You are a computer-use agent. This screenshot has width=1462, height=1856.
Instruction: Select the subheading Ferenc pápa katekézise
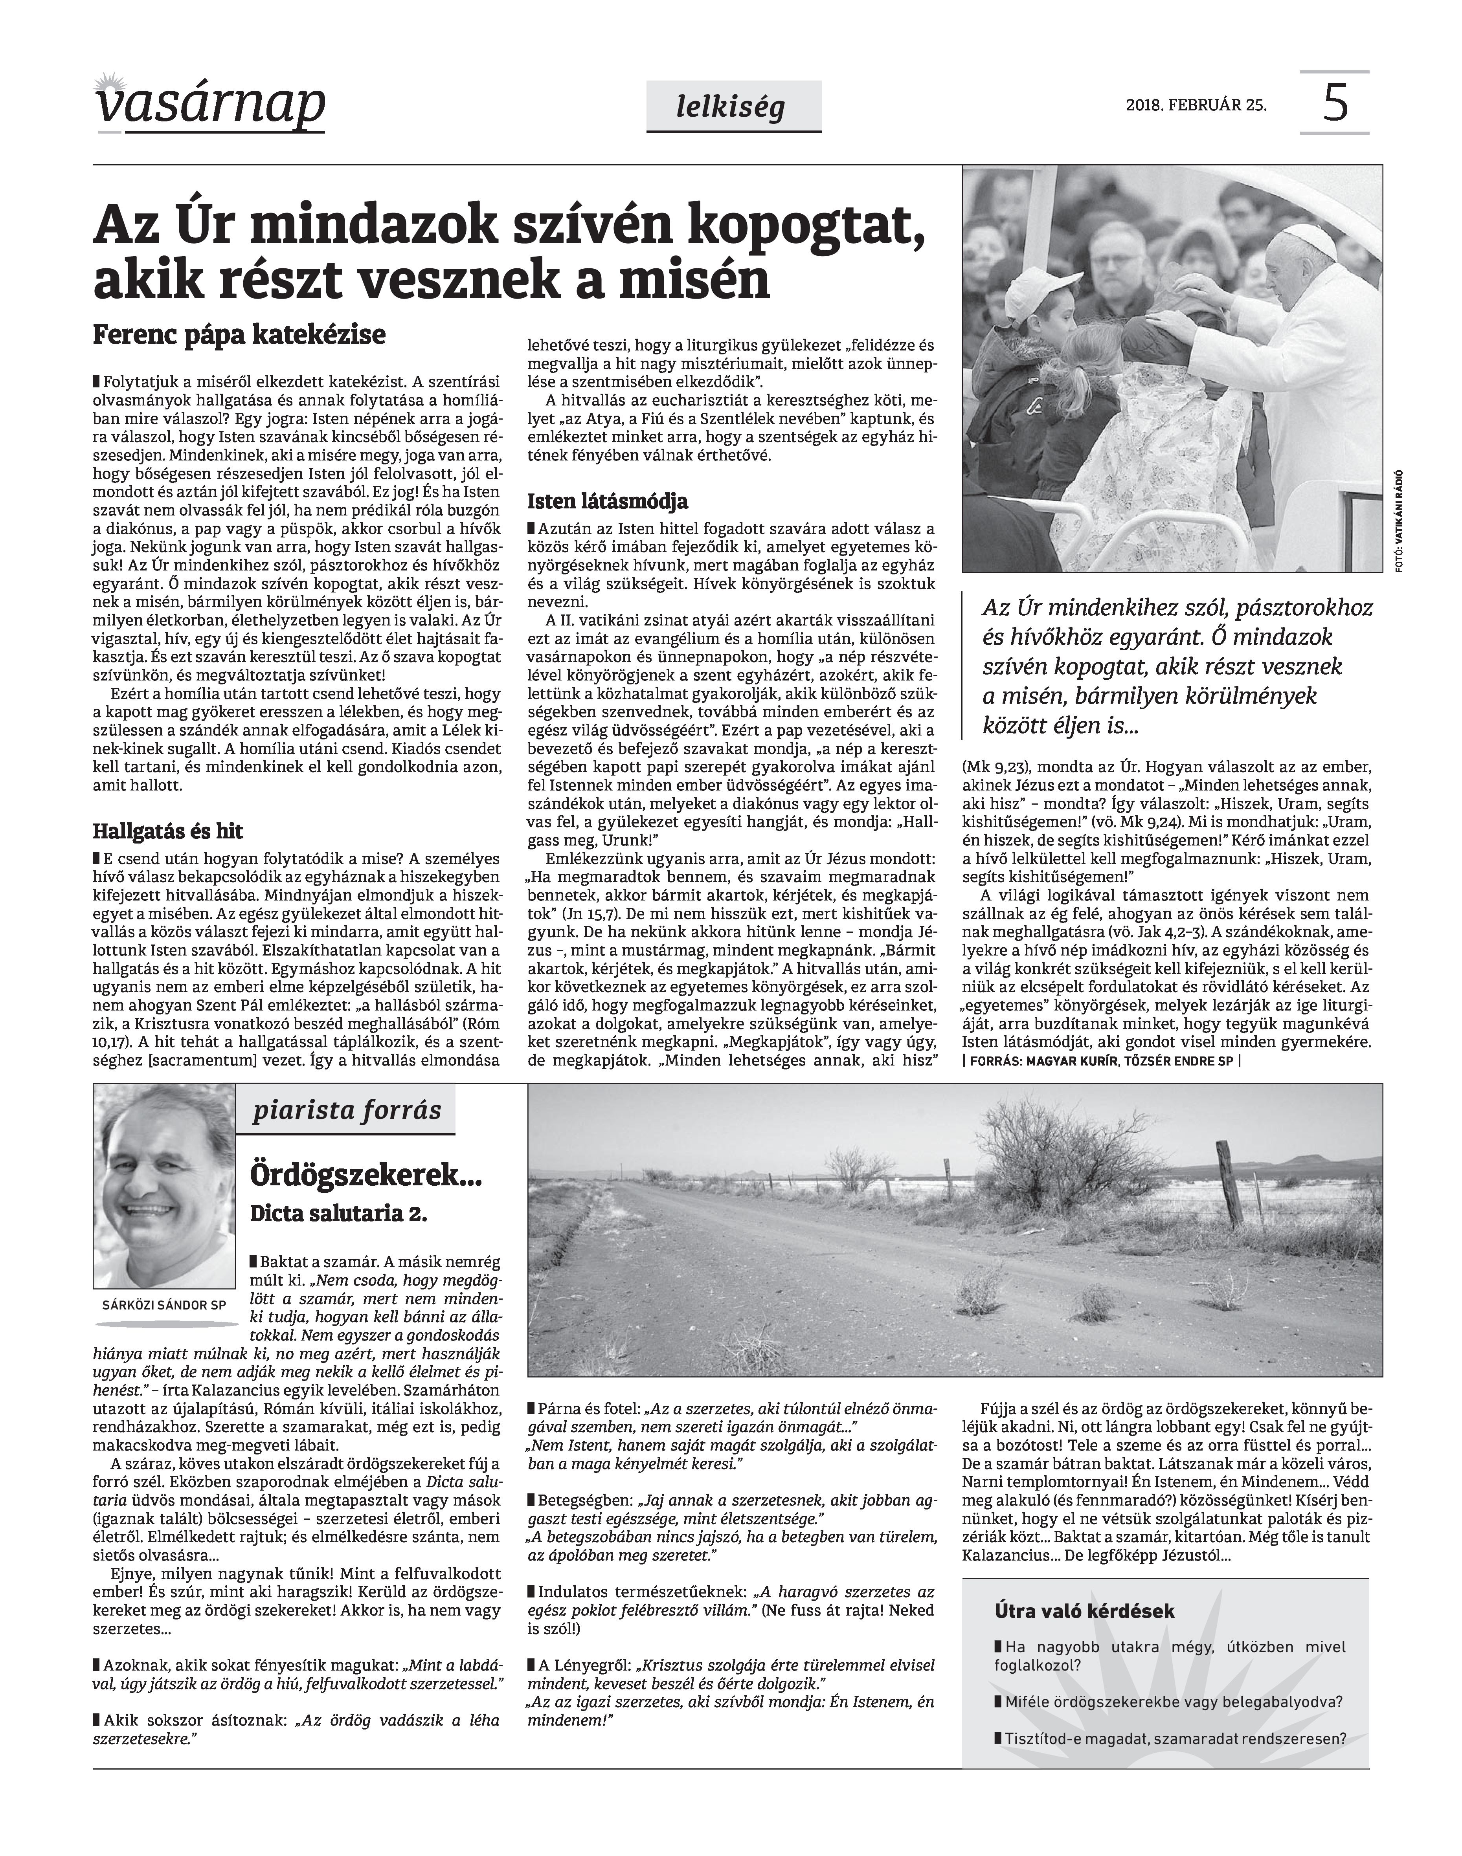[239, 335]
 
